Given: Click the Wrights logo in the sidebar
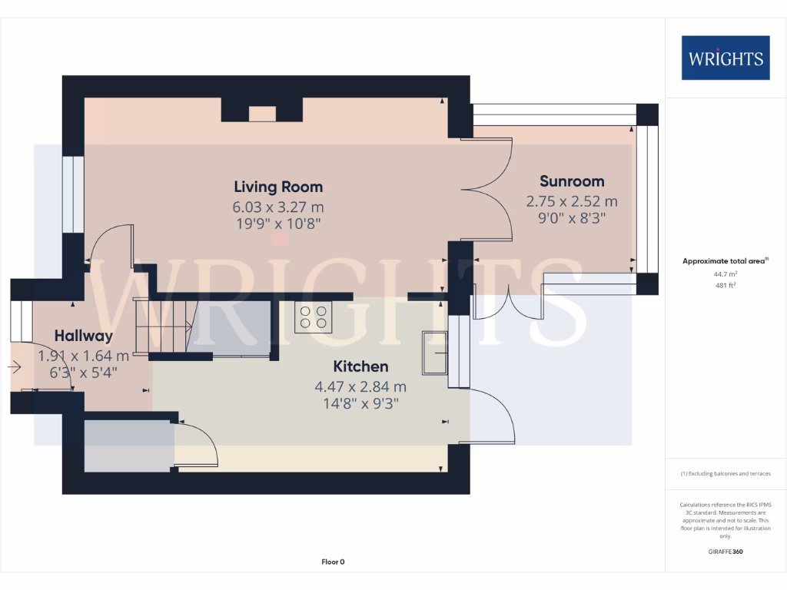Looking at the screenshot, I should click(725, 58).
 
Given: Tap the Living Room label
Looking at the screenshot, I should click(278, 187).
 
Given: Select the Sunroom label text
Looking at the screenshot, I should click(571, 181).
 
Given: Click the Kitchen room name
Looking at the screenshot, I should click(360, 366).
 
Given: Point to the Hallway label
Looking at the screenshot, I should click(84, 336).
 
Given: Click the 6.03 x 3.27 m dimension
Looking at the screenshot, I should click(278, 207).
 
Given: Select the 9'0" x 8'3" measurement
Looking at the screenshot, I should click(571, 218).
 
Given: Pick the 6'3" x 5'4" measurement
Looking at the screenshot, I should click(84, 373).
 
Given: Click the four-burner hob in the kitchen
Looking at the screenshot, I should click(314, 317).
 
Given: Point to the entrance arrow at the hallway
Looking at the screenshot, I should click(14, 367).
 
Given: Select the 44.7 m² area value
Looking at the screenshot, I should click(725, 273).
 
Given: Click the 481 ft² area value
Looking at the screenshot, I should click(725, 284).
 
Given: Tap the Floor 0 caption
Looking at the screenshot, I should click(333, 562).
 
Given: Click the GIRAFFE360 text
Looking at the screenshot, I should click(725, 552).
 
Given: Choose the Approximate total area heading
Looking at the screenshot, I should click(724, 261).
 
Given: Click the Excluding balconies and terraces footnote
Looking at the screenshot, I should click(725, 474).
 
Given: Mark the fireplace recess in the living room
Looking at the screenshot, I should click(262, 114).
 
